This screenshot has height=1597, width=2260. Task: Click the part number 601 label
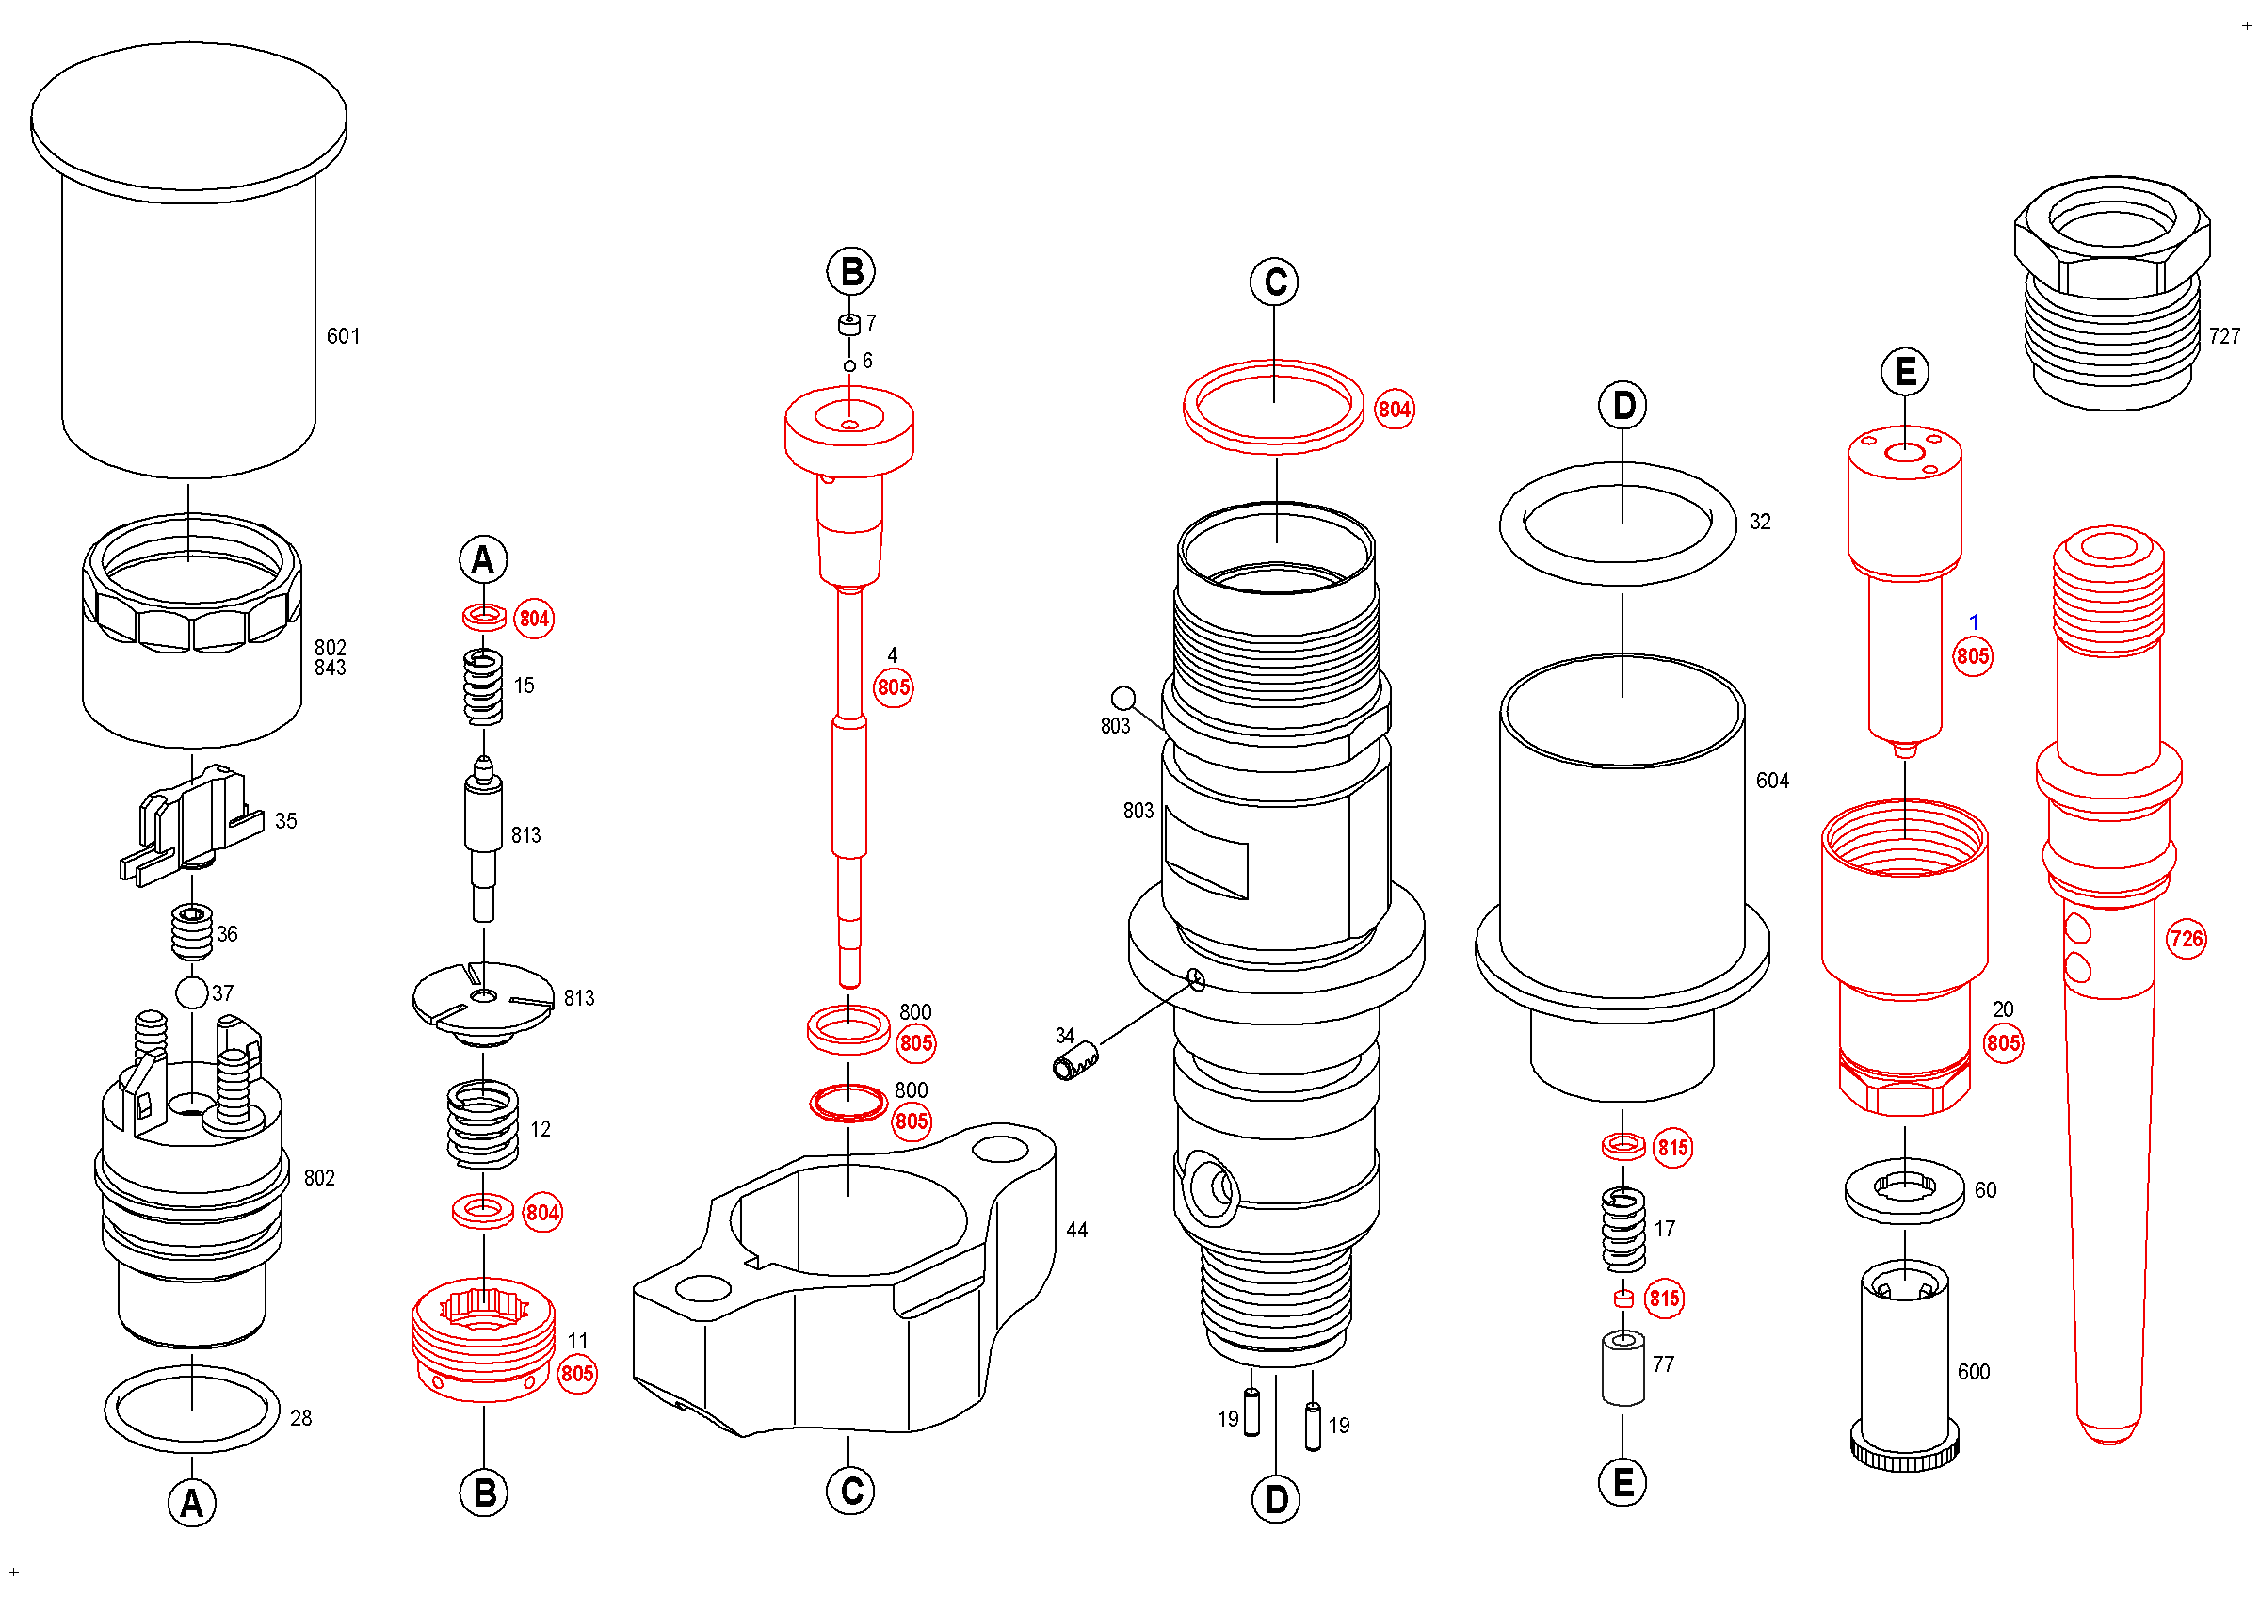[343, 336]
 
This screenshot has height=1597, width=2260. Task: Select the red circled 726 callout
[2187, 939]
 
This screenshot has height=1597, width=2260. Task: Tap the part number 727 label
[2223, 336]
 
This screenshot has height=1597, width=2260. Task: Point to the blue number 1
[1974, 621]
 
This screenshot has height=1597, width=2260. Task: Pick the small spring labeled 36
[192, 932]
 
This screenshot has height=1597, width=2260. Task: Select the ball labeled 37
[191, 992]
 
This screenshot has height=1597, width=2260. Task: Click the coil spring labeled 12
[483, 1123]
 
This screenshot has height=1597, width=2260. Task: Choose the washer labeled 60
[1905, 1190]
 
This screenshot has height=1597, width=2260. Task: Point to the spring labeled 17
[1623, 1230]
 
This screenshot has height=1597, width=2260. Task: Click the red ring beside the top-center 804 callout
[1273, 440]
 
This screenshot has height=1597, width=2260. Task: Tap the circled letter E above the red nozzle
[1906, 372]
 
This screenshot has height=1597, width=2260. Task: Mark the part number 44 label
[1077, 1230]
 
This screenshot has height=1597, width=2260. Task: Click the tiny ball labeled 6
[849, 366]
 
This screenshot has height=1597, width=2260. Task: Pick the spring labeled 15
[483, 686]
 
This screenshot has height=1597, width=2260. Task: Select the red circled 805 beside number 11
[577, 1374]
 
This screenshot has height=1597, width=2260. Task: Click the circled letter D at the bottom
[1276, 1500]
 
